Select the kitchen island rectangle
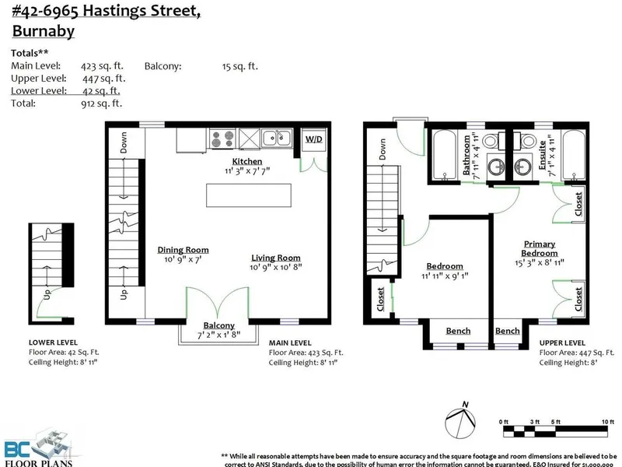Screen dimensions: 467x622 248,195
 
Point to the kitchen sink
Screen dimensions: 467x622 276,139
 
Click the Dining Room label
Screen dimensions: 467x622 183,250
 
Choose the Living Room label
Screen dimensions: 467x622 275,258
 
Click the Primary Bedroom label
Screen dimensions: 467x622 540,248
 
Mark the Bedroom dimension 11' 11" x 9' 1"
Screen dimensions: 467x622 446,275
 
